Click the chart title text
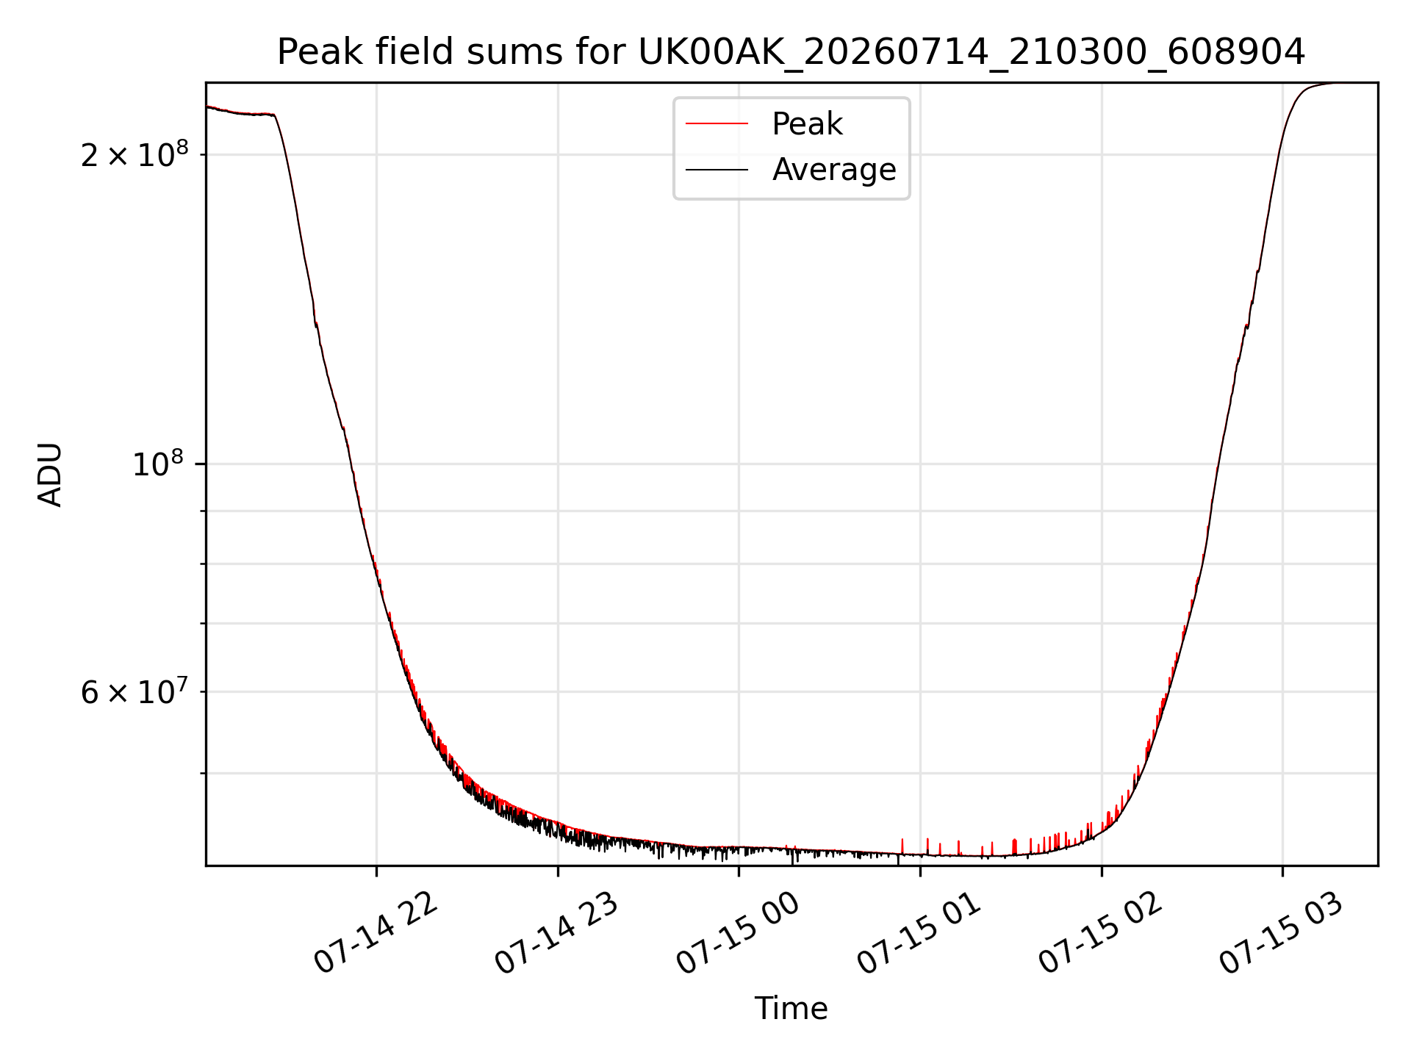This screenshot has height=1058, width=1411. click(x=791, y=52)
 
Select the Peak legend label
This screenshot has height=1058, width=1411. click(x=807, y=124)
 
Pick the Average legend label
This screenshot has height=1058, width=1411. click(x=834, y=170)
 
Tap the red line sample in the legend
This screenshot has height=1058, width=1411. click(x=717, y=124)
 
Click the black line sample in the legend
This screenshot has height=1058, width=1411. click(x=717, y=170)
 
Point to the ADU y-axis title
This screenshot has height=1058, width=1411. click(x=50, y=475)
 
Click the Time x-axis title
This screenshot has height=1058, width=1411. click(x=791, y=1009)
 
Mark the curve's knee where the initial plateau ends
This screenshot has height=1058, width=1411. click(x=274, y=115)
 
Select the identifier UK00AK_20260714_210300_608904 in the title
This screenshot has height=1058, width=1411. click(x=972, y=52)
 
